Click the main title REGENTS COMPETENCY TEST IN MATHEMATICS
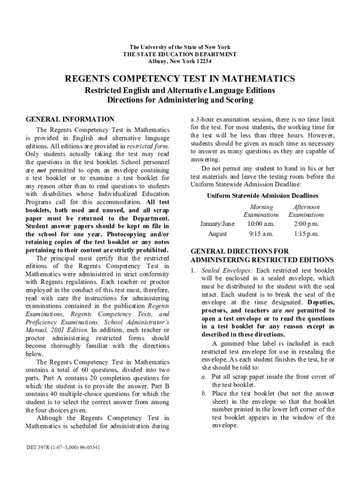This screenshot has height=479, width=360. click(180, 79)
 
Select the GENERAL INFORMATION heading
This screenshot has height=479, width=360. click(70, 119)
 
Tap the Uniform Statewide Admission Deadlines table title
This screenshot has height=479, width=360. click(262, 196)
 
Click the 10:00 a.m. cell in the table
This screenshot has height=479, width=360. click(261, 224)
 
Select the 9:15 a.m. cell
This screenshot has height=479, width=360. click(261, 234)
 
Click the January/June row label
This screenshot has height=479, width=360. click(217, 224)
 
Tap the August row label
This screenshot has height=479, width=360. click(217, 234)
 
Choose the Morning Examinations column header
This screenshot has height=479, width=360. click(261, 210)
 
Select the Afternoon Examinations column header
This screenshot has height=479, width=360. click(306, 210)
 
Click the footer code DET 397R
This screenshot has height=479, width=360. click(41, 447)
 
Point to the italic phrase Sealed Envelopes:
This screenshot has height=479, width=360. click(227, 271)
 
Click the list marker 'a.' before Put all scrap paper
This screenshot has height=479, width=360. click(204, 377)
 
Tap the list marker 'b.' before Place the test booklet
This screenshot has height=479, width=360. click(204, 393)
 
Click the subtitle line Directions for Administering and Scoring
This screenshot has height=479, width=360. click(180, 100)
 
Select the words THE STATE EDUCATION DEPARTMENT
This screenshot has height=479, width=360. click(180, 54)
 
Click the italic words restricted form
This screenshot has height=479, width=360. click(151, 146)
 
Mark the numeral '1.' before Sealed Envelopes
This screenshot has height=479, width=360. click(193, 271)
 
